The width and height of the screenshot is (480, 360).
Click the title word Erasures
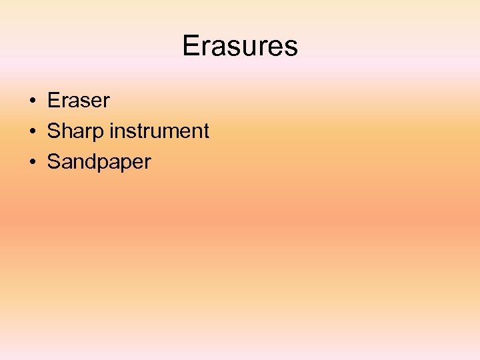point(239,46)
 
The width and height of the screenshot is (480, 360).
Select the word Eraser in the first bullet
point(78,101)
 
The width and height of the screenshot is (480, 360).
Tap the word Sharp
point(76,131)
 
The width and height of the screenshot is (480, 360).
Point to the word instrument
point(159,131)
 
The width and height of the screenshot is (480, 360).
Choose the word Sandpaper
point(99,162)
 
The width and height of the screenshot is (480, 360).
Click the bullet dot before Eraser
point(32,101)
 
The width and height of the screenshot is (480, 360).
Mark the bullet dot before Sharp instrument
point(32,132)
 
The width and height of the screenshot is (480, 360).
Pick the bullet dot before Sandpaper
point(32,163)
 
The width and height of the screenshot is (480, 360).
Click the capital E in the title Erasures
point(191,46)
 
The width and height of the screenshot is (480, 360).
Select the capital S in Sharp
point(53,131)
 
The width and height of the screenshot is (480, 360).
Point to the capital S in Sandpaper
point(53,162)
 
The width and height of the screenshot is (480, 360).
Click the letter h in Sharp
point(65,131)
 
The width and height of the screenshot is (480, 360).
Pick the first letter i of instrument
point(112,131)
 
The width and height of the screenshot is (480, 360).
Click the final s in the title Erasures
point(291,46)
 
